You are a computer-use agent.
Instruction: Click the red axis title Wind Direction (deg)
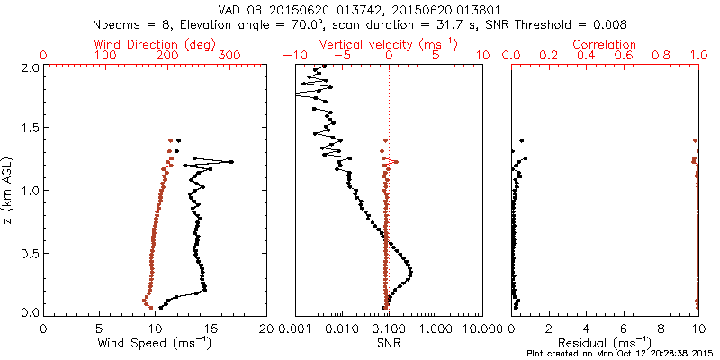click(x=154, y=44)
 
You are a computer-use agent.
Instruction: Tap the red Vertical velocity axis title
click(x=389, y=44)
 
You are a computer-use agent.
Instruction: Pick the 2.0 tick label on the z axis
click(x=30, y=67)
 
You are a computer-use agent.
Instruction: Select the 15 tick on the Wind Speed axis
click(x=211, y=328)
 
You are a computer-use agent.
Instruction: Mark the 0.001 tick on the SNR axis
click(x=294, y=328)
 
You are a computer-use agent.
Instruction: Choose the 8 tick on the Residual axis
click(x=661, y=328)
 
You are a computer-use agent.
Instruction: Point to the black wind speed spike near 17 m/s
click(x=231, y=162)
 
